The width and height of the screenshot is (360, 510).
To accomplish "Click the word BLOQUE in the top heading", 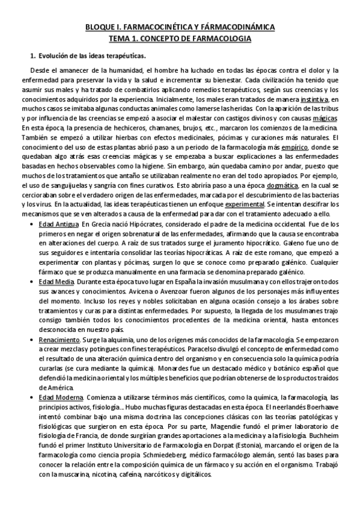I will point(98,27).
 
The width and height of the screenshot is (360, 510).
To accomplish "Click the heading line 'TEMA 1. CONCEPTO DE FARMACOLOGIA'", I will point(180,38).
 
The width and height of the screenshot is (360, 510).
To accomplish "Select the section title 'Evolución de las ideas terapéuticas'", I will point(93,57).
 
